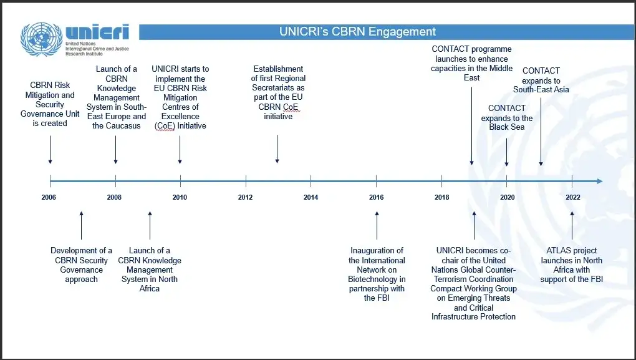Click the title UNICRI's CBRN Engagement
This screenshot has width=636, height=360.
(357, 31)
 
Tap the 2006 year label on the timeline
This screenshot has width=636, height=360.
(49, 198)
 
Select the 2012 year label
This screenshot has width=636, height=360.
(245, 198)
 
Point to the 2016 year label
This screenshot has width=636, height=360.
(376, 198)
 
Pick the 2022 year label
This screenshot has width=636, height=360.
(572, 198)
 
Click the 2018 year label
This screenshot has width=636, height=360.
(441, 198)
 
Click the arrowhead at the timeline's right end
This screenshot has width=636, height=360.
(599, 182)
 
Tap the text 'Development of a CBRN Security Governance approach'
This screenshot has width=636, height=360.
(81, 265)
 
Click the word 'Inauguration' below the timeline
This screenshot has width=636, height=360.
(377, 251)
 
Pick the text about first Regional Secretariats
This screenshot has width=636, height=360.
(278, 92)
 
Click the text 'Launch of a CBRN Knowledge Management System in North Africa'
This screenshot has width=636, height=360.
(150, 270)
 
